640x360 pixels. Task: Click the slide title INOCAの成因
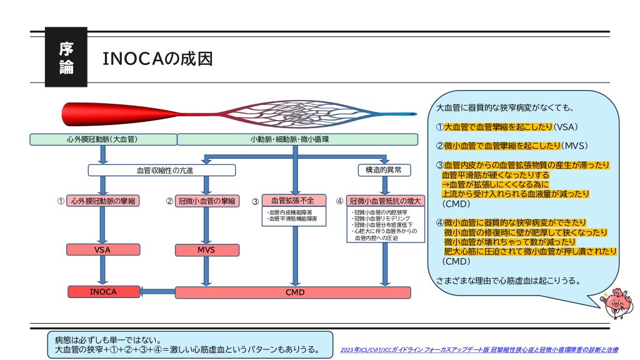pyautogui.click(x=157, y=59)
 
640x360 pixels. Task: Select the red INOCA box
pyautogui.click(x=103, y=292)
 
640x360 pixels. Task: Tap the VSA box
pyautogui.click(x=102, y=250)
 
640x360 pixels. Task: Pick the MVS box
pyautogui.click(x=206, y=250)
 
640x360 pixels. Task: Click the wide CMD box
pyautogui.click(x=293, y=292)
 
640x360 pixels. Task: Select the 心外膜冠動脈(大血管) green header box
pyautogui.click(x=102, y=139)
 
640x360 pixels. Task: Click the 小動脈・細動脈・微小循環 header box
pyautogui.click(x=297, y=139)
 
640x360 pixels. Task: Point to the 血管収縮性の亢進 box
pyautogui.click(x=162, y=170)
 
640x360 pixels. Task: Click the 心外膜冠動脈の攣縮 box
pyautogui.click(x=102, y=201)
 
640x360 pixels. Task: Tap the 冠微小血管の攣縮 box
pyautogui.click(x=206, y=201)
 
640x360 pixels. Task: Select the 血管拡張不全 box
pyautogui.click(x=293, y=201)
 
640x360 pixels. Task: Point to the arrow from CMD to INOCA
pyautogui.click(x=157, y=291)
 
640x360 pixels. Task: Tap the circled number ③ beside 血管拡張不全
pyautogui.click(x=255, y=202)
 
